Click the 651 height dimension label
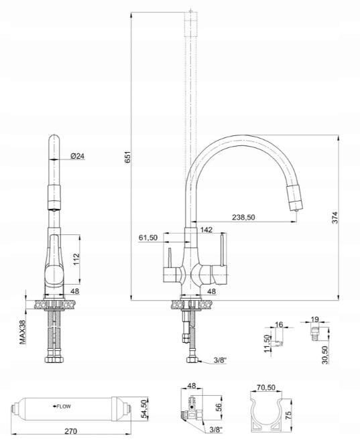[128, 157]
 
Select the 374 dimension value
[335, 218]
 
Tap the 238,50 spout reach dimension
[243, 218]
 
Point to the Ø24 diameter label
[78, 156]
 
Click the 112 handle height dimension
[76, 259]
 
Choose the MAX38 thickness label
[23, 332]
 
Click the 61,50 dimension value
[148, 238]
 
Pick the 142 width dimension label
[206, 230]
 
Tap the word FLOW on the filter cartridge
[64, 406]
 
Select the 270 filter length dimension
[70, 431]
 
